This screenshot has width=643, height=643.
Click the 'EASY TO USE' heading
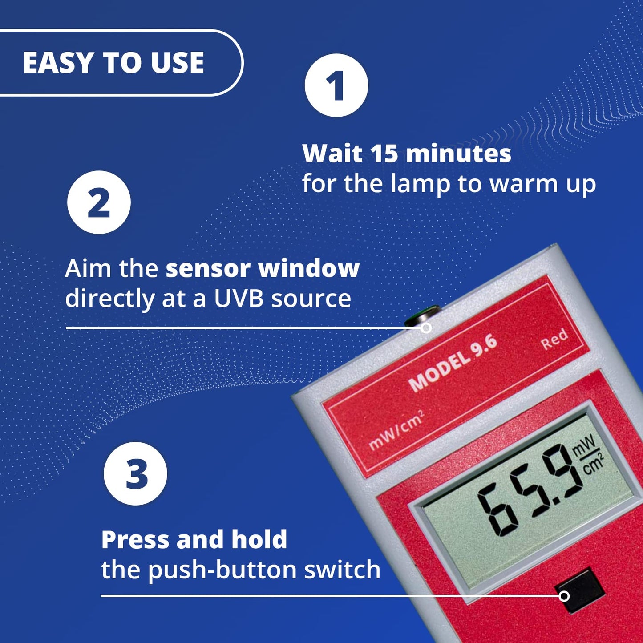point(113,62)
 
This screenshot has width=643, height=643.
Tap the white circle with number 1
point(336,85)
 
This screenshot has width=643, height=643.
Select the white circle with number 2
point(99,202)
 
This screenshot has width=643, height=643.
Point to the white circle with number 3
point(135,473)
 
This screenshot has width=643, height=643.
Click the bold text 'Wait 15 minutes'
point(407,154)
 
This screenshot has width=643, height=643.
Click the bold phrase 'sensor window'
point(263,268)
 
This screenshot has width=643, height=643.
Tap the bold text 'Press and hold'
point(194,539)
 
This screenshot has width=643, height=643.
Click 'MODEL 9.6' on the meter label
point(453,363)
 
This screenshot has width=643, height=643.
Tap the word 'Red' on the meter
point(554,339)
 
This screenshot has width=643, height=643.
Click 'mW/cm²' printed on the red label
point(396,430)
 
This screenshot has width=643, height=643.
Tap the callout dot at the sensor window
point(426,328)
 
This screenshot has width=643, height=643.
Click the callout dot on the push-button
point(564,596)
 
